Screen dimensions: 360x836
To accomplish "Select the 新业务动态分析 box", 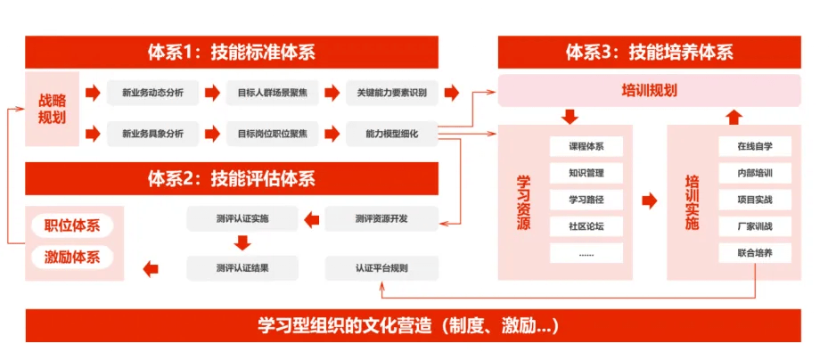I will pyautogui.click(x=146, y=93).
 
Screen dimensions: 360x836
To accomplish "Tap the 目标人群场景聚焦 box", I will pyautogui.click(x=266, y=93).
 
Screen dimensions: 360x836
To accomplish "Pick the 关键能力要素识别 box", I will pyautogui.click(x=391, y=93).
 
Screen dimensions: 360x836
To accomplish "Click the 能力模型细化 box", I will pyautogui.click(x=391, y=135).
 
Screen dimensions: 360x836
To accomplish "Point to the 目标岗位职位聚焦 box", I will pyautogui.click(x=266, y=135).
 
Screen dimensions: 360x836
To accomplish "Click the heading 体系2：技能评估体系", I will pyautogui.click(x=232, y=178).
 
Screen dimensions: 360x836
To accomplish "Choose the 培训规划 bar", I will pyautogui.click(x=649, y=91).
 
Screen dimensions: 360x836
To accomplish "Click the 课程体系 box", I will pyautogui.click(x=586, y=146).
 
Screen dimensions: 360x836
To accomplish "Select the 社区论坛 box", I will pyautogui.click(x=586, y=226).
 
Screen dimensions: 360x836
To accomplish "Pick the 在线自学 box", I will pyautogui.click(x=754, y=146).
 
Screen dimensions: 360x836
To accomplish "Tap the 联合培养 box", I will pyautogui.click(x=754, y=253).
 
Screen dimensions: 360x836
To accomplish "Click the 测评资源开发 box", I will pyautogui.click(x=381, y=218).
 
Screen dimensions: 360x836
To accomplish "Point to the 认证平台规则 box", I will pyautogui.click(x=381, y=267).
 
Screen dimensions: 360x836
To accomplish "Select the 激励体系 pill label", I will pyautogui.click(x=72, y=258).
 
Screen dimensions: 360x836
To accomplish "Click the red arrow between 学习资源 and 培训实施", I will pyautogui.click(x=649, y=200).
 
